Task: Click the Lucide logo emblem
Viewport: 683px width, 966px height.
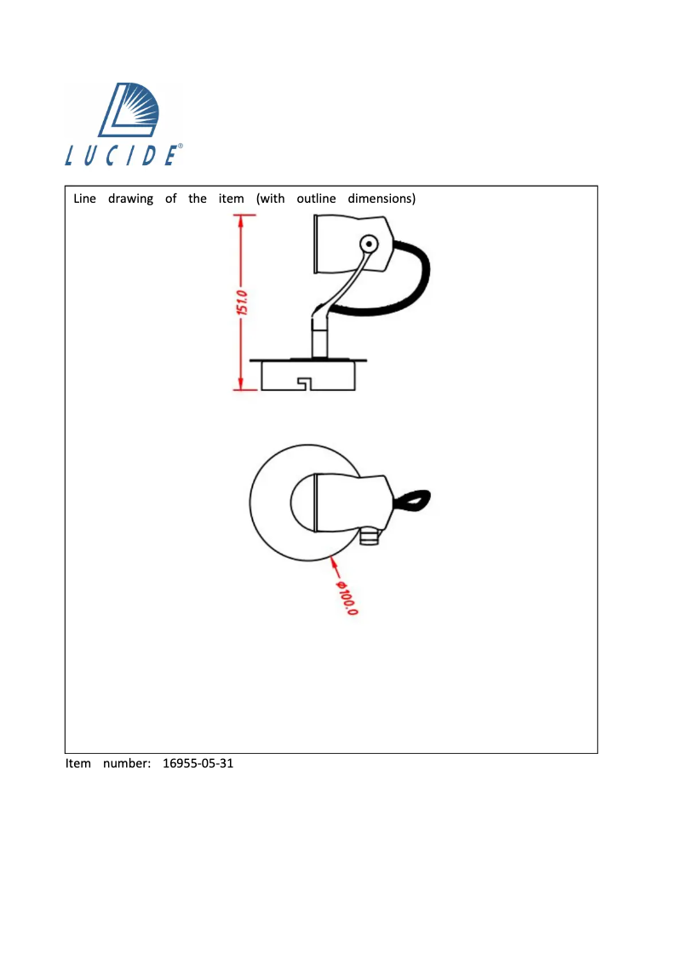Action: [129, 110]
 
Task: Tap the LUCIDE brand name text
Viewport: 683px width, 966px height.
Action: [123, 155]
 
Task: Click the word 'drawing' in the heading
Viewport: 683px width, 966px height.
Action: [130, 199]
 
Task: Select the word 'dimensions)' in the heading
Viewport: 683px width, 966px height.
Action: [382, 198]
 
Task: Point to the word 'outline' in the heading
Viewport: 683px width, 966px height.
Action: [316, 198]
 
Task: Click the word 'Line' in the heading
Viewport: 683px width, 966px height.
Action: [85, 198]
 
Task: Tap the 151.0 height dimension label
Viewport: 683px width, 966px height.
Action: [242, 302]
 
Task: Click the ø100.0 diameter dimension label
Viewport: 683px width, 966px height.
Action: [346, 598]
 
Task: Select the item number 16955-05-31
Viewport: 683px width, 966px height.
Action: [198, 763]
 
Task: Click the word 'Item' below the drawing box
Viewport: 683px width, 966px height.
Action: [78, 763]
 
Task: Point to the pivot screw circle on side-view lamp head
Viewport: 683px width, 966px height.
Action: [369, 244]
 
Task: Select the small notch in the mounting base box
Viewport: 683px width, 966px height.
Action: [304, 384]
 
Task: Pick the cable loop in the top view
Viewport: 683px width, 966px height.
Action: [412, 500]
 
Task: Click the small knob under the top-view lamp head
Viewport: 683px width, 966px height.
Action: [369, 536]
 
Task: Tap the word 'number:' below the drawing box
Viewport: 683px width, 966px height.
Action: [127, 763]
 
